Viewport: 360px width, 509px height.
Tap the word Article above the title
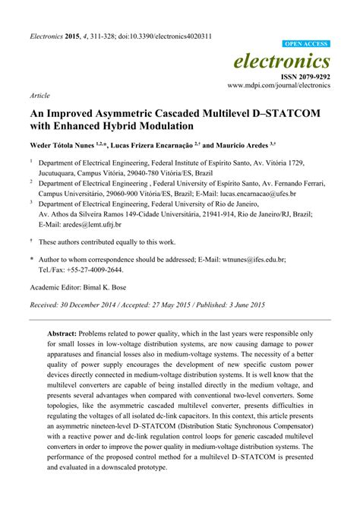tap(39, 97)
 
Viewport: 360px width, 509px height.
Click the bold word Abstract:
tap(66, 333)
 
